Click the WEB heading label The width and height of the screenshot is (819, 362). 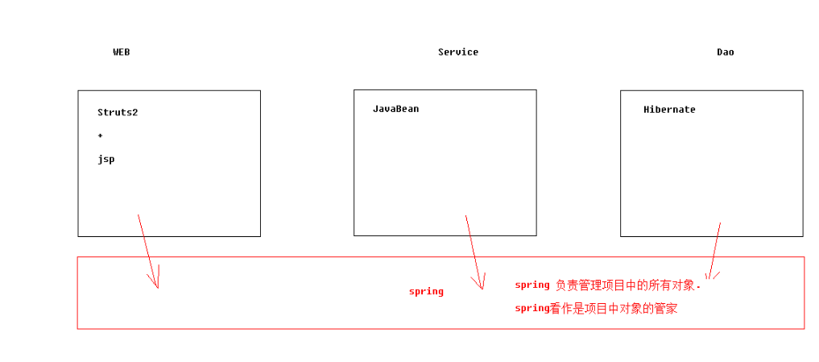tap(121, 52)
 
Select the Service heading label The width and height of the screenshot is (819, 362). tap(457, 52)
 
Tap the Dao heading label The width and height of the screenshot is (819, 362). tap(725, 52)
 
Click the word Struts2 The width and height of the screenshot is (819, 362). tap(118, 112)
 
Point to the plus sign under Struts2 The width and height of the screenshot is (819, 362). tap(100, 135)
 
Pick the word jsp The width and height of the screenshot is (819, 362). tap(106, 159)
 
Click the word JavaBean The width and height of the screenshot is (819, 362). tap(395, 109)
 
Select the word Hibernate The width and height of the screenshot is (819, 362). tap(669, 110)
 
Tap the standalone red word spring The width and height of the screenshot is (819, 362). tap(426, 291)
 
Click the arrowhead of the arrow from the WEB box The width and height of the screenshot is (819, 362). tap(157, 285)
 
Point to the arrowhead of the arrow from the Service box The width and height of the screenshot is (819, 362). tap(482, 286)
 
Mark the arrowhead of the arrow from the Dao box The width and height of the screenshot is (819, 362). tap(709, 277)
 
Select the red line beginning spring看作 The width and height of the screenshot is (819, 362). tap(596, 308)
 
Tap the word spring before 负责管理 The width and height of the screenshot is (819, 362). tap(532, 285)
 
